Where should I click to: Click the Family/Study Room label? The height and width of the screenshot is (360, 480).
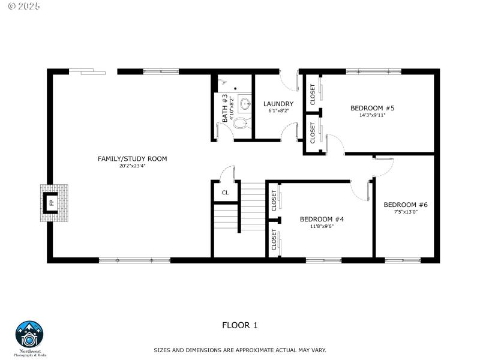pos(132,158)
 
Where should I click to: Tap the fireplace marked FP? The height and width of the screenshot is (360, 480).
pos(53,202)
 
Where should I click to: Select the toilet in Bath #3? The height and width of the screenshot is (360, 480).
pos(241,124)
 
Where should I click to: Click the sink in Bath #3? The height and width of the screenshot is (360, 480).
pos(245,104)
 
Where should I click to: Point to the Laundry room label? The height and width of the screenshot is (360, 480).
pos(278,104)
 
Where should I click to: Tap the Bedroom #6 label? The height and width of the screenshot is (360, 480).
pos(406,204)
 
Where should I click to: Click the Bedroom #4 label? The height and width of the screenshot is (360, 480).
pos(322,219)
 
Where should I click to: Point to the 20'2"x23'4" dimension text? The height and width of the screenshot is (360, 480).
pos(132,166)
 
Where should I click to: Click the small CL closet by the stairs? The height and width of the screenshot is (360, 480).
pos(225,193)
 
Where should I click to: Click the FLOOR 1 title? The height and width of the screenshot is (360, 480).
pos(239,326)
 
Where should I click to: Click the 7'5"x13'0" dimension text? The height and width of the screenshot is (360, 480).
pos(406,212)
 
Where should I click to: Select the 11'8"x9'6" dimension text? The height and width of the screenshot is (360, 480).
pos(322,227)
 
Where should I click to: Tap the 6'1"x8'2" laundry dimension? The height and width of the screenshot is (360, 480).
pos(278,111)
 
